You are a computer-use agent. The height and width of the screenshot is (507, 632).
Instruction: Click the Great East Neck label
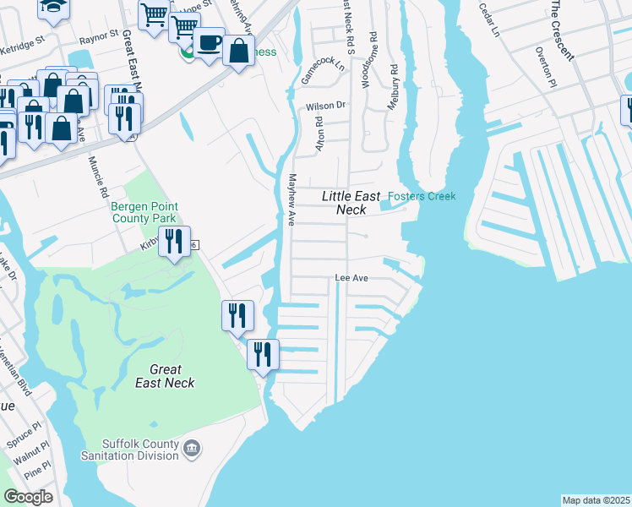pyautogui.click(x=165, y=376)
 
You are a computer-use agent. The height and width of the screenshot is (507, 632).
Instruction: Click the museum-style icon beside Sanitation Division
pyautogui.click(x=192, y=446)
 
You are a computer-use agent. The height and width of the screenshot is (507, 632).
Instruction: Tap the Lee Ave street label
pyautogui.click(x=352, y=277)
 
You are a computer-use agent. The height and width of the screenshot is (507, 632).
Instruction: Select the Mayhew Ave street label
pyautogui.click(x=290, y=200)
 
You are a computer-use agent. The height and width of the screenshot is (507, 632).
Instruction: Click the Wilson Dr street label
pyautogui.click(x=326, y=106)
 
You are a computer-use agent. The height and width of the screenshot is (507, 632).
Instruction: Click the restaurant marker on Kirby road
pyautogui.click(x=175, y=242)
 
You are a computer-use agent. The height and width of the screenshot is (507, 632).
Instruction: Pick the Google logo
pyautogui.click(x=27, y=497)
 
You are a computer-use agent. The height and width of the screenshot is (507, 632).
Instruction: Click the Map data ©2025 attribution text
pyautogui.click(x=597, y=500)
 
